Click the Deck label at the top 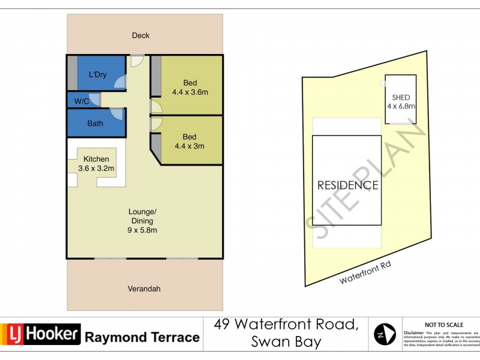click(x=141, y=35)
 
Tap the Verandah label click(x=144, y=289)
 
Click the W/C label click(x=82, y=101)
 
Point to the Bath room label click(x=95, y=124)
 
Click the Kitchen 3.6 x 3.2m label click(x=96, y=164)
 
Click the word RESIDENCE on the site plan click(x=348, y=185)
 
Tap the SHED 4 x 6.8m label click(x=401, y=101)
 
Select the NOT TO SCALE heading click(x=441, y=323)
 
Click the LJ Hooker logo click(x=41, y=334)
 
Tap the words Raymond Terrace click(x=142, y=337)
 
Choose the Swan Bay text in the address click(x=286, y=342)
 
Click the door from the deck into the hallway click(x=137, y=61)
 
